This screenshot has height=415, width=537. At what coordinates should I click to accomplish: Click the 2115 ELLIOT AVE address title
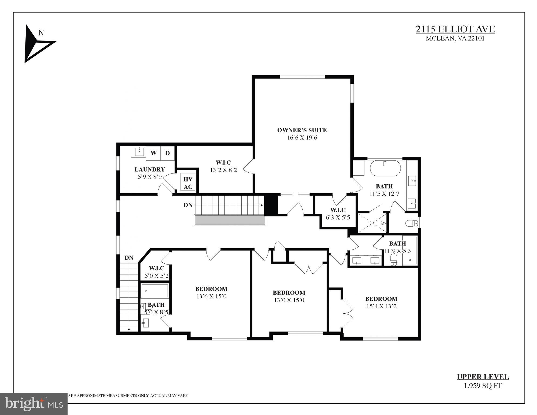click(455, 29)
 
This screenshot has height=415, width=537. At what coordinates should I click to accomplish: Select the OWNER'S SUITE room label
click(302, 130)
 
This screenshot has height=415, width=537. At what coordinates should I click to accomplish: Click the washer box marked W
click(153, 153)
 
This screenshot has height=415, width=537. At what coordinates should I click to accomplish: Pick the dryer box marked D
click(168, 153)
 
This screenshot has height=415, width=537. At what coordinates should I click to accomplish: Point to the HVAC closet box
click(188, 183)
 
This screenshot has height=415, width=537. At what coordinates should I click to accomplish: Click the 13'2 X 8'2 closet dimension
click(224, 170)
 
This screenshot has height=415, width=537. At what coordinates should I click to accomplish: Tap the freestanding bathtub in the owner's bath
click(385, 168)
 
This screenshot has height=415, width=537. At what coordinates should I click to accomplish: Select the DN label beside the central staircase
click(188, 205)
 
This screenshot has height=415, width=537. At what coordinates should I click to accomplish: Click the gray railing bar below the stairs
click(230, 220)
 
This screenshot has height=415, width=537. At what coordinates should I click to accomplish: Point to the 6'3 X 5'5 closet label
click(338, 217)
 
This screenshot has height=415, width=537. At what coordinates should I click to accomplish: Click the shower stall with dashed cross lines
click(372, 223)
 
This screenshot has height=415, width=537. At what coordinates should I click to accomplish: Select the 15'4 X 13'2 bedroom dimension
click(381, 306)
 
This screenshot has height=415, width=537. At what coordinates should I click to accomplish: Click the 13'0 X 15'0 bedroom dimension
click(289, 300)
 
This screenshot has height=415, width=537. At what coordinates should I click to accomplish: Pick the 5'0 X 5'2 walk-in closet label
click(156, 276)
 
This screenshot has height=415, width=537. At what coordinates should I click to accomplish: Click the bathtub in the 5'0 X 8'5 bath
click(155, 291)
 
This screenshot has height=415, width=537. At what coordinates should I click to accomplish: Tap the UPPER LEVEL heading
click(483, 377)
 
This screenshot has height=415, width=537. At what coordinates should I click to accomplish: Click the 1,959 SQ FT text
click(483, 386)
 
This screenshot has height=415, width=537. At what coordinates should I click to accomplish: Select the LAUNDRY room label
click(149, 169)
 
